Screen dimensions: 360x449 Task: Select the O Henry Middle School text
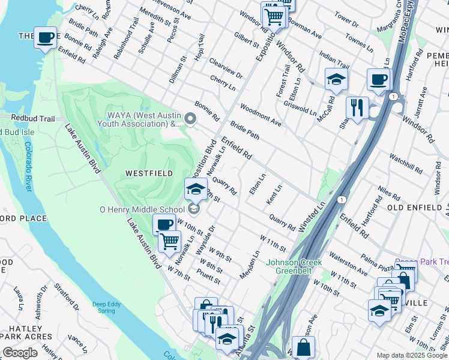[x=142, y=209]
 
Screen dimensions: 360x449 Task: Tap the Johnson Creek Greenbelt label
[x=294, y=266]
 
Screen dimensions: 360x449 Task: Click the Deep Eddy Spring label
[x=106, y=307]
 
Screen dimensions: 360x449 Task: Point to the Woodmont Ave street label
[x=261, y=115]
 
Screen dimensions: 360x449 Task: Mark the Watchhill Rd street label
[x=406, y=163]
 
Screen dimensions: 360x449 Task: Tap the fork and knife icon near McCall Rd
[x=357, y=108]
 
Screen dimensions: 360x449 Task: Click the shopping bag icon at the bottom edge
[x=304, y=347]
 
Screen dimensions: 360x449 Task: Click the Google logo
[x=20, y=353]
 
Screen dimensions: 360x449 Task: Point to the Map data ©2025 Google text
[x=412, y=355]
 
